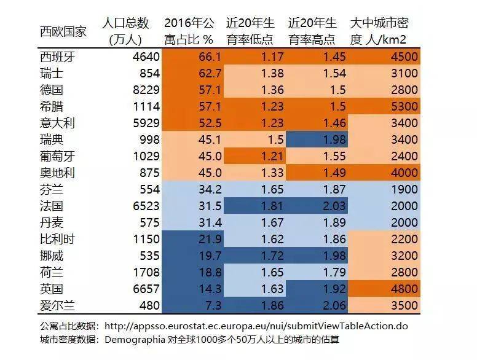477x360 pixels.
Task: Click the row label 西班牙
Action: [57, 57]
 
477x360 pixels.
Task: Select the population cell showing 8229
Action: [145, 90]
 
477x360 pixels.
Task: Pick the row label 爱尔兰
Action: [57, 305]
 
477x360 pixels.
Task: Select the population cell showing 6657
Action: [145, 289]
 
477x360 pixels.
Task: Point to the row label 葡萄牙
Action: [57, 156]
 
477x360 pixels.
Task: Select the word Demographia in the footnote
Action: [136, 339]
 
